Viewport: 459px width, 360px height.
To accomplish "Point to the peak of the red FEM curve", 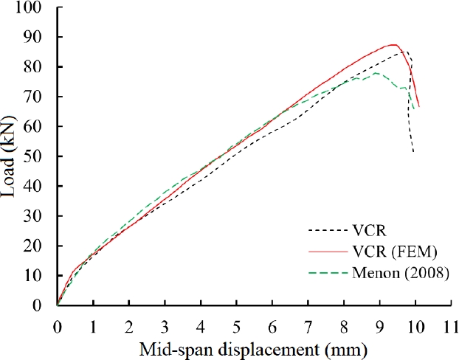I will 395,45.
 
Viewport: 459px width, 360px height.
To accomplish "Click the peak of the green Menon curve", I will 376,73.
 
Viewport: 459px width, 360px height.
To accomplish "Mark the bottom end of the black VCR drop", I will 413,152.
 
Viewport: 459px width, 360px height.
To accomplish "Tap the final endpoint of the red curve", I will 418,106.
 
